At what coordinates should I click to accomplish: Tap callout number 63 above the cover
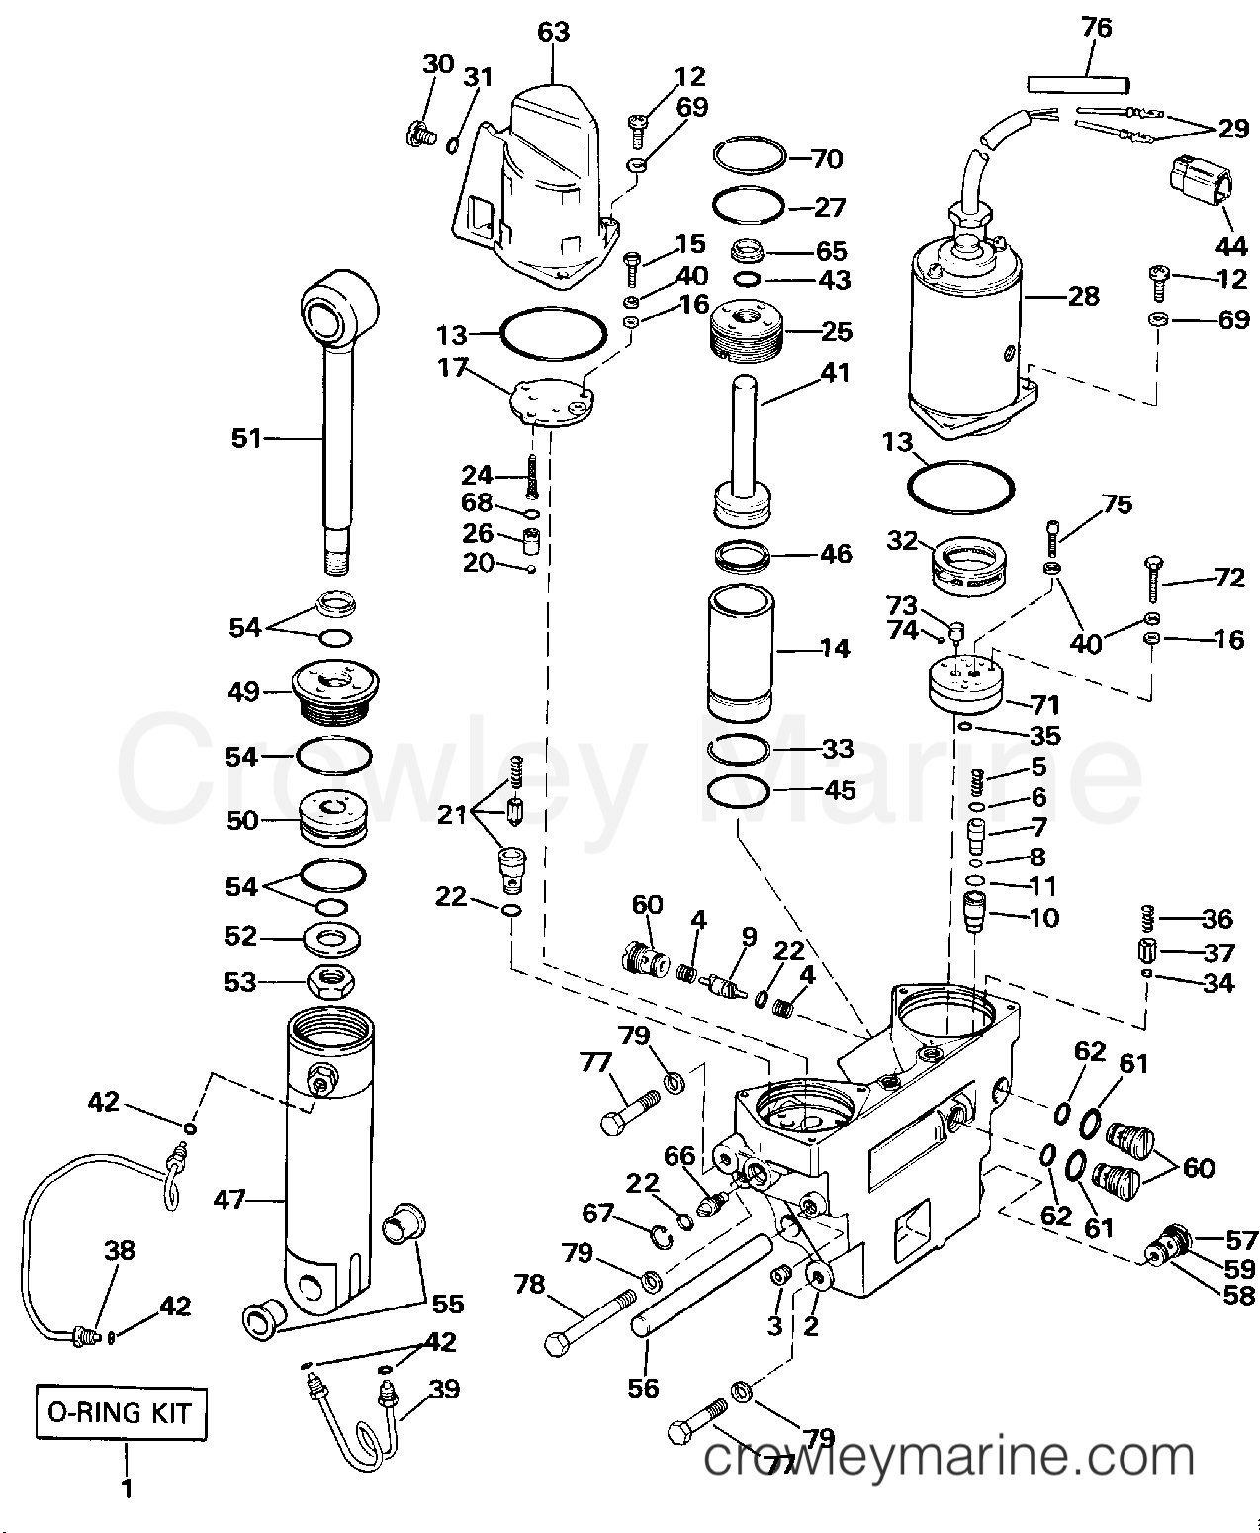point(554,32)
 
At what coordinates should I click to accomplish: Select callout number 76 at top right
point(1096,28)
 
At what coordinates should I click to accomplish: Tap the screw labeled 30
point(419,133)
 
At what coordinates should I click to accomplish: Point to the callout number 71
point(1044,704)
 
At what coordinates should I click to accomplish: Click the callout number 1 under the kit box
point(126,1487)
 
